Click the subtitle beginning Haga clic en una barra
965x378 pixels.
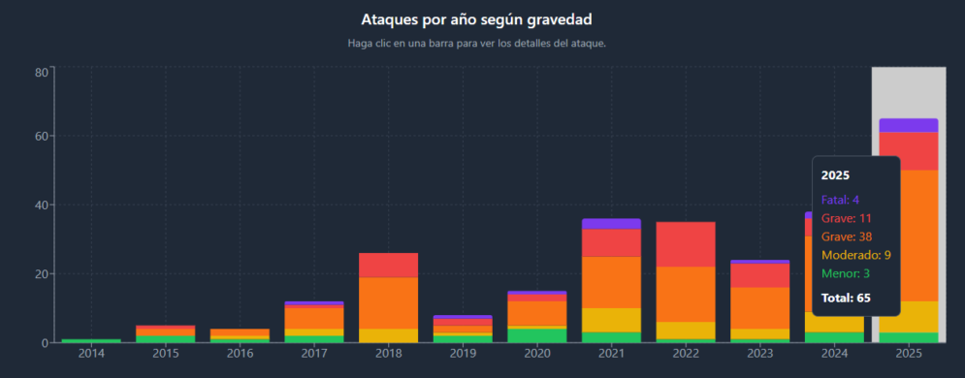coord(476,43)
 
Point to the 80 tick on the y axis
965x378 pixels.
coord(42,72)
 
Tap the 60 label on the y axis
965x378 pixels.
coord(42,137)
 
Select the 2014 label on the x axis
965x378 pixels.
coord(91,356)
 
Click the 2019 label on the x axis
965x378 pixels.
coord(463,356)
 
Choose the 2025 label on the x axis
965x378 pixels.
coord(908,356)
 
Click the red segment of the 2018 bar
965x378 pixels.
coord(388,265)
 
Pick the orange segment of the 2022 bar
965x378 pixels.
coord(686,294)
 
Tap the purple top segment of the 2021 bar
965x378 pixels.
coord(611,224)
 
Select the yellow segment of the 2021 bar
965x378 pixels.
coord(611,320)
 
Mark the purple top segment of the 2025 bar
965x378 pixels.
coord(908,125)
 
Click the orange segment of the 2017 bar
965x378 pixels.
coord(314,317)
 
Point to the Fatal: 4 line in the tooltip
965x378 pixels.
coord(841,200)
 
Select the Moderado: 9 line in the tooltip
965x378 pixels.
coord(855,255)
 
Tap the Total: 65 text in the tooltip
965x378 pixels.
coord(844,298)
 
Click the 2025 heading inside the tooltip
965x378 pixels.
coord(835,175)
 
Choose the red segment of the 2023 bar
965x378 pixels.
coord(759,275)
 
